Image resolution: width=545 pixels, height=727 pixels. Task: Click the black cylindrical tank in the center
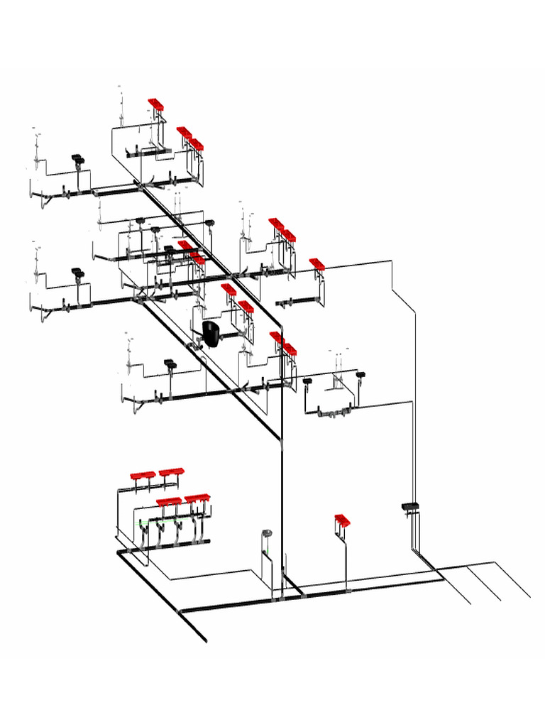(211, 334)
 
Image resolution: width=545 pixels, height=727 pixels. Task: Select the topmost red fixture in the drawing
(156, 104)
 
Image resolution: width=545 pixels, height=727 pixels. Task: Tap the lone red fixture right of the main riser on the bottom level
(343, 521)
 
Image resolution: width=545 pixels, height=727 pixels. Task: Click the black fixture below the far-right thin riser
(411, 506)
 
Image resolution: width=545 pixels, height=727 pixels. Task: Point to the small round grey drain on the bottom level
(267, 532)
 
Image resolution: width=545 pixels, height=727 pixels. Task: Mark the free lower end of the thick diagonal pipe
(206, 641)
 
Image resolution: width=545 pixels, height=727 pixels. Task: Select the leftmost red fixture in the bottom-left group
(143, 475)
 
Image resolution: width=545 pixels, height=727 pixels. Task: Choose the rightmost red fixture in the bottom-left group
(198, 499)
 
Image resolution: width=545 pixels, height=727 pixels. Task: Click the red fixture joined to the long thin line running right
(316, 264)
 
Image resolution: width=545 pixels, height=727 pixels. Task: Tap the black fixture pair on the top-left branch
(77, 158)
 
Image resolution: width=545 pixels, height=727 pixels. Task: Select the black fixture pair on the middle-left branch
(77, 271)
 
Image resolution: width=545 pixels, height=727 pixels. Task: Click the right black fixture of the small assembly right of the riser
(360, 373)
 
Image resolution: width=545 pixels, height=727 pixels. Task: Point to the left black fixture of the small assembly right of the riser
(307, 381)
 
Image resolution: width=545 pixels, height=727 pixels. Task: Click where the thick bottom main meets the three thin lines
(444, 578)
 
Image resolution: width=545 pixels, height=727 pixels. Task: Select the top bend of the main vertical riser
(282, 327)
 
